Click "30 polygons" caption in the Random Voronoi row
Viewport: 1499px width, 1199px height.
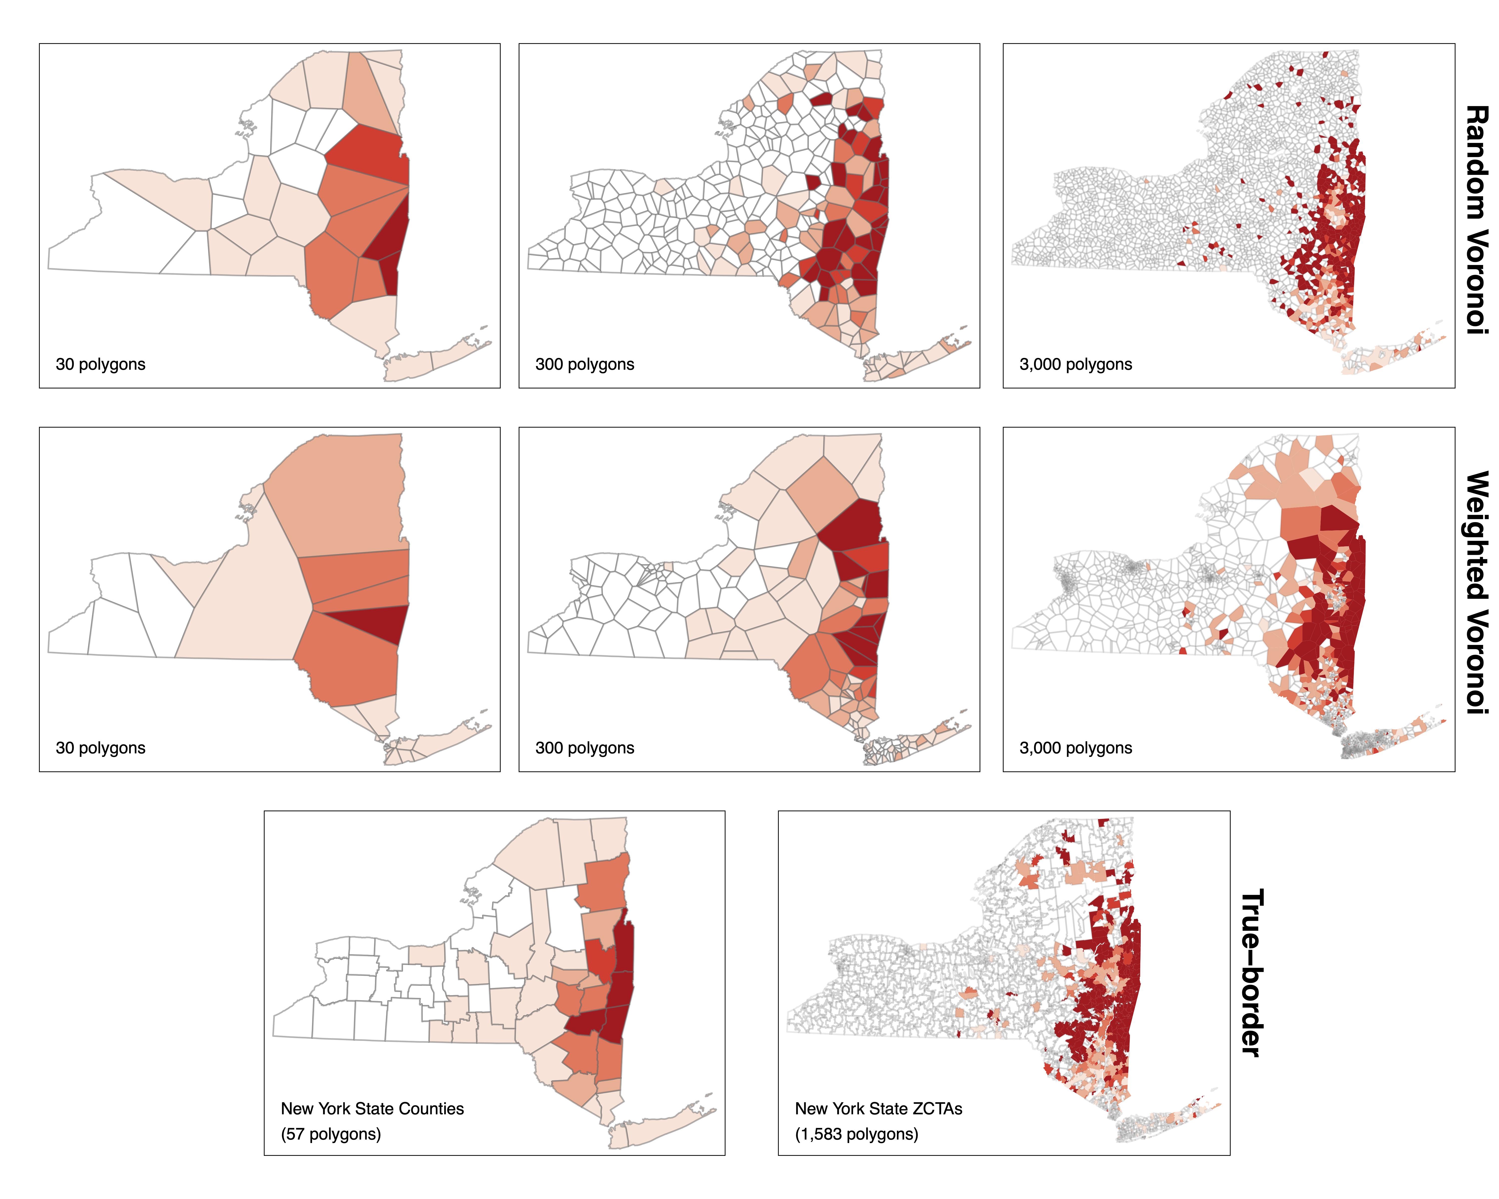tap(101, 364)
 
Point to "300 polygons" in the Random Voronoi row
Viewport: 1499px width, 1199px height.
tap(585, 364)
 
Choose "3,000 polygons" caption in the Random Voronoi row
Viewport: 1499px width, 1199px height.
tap(1076, 364)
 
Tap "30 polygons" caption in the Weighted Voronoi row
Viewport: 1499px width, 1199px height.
tap(101, 748)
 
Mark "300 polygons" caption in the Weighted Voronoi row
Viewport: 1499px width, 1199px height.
tap(585, 748)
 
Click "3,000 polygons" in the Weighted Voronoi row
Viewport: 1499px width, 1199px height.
tap(1076, 748)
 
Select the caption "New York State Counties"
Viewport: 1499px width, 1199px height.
tap(372, 1109)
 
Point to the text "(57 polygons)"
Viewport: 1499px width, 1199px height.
tap(331, 1134)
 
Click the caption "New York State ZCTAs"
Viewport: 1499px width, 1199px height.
tap(879, 1109)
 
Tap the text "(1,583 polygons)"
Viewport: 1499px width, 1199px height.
tap(857, 1134)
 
